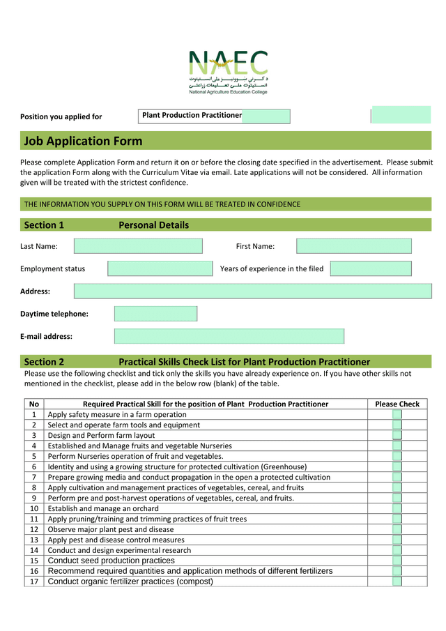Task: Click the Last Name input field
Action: coord(138,246)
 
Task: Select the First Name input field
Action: coord(353,246)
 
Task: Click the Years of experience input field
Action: coord(371,268)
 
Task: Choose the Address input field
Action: coord(252,291)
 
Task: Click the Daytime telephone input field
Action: coord(155,314)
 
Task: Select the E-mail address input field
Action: coord(229,336)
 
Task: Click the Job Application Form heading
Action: coord(83,142)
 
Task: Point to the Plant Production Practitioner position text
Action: coord(192,115)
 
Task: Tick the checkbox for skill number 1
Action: coord(397,414)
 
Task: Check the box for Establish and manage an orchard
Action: coord(397,508)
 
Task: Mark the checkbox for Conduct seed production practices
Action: coord(397,561)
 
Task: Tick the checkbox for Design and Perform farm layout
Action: coord(397,435)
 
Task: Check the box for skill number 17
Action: coord(397,581)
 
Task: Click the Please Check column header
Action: coord(397,404)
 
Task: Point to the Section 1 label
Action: coord(44,225)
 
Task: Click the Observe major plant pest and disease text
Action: coord(111,529)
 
